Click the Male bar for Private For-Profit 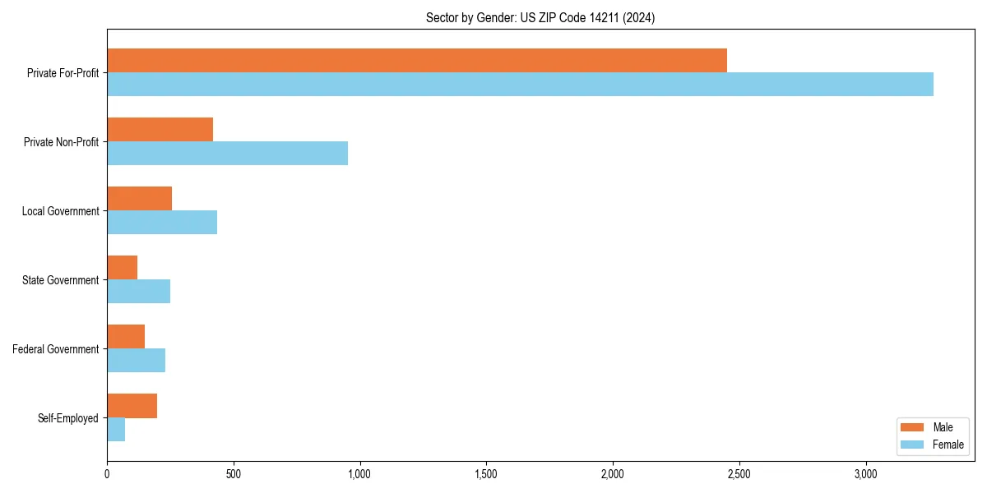[x=417, y=61]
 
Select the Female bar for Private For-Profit [x=520, y=84]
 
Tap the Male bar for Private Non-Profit [x=160, y=130]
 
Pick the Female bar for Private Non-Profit [x=227, y=153]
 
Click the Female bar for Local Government [x=162, y=222]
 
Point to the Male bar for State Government [x=122, y=268]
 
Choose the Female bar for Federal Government [x=136, y=360]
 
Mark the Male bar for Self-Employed [x=132, y=406]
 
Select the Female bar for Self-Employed [x=116, y=429]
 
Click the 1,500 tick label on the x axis [x=486, y=474]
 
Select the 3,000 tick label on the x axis [x=865, y=474]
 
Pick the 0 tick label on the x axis [x=107, y=474]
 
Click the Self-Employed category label [x=68, y=418]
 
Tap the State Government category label [x=61, y=280]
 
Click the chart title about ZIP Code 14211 [x=540, y=17]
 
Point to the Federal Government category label [x=56, y=349]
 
